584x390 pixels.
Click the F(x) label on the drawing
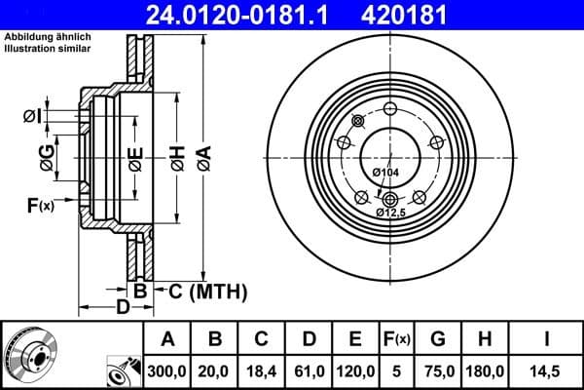pos(40,205)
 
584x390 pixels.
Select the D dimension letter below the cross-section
pos(123,309)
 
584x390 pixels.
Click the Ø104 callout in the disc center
pos(386,173)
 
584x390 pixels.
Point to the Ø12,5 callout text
pos(392,212)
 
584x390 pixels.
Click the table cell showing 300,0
pos(167,370)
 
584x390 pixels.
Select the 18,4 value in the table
pos(261,370)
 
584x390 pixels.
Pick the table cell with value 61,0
pos(308,370)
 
